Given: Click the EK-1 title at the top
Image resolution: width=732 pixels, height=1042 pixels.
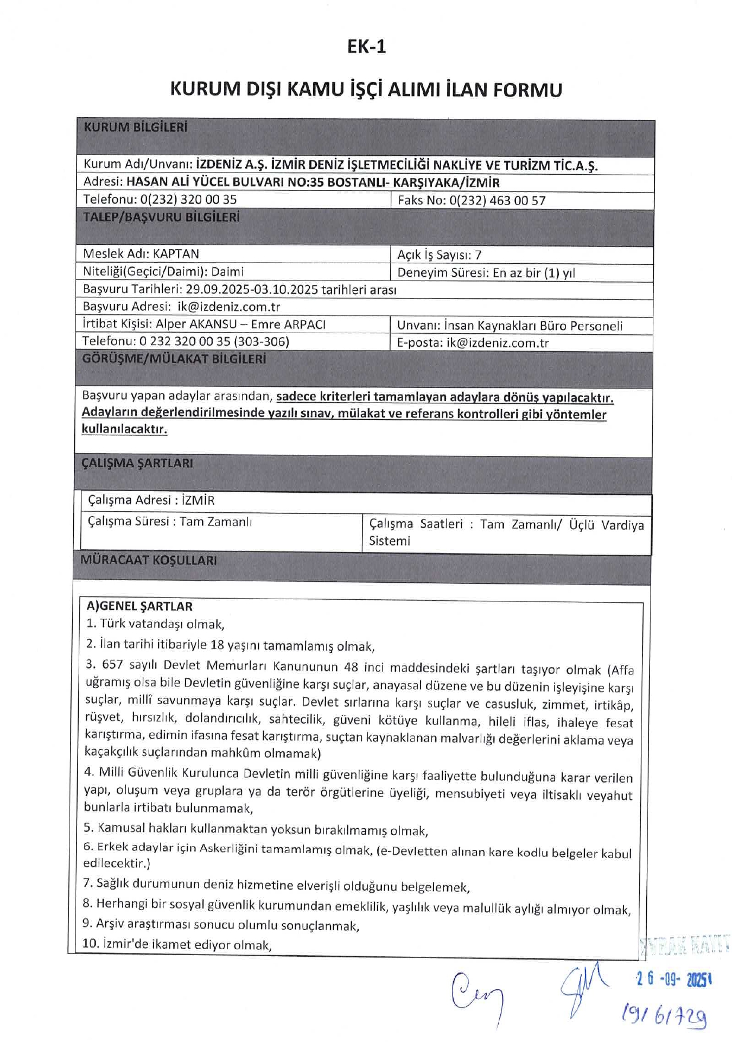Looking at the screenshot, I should click(x=366, y=47).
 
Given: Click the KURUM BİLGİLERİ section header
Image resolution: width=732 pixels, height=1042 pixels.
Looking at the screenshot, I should click(x=135, y=128).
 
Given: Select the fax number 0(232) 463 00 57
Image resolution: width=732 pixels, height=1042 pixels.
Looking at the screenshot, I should click(x=497, y=201).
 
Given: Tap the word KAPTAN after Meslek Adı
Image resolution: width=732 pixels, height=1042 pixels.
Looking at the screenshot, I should click(x=176, y=254).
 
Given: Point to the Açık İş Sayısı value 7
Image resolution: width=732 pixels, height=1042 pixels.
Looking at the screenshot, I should click(x=478, y=255).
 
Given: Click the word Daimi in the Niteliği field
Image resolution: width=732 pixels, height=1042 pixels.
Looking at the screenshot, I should click(x=227, y=271).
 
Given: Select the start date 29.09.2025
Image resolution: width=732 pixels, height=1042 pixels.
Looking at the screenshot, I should click(x=216, y=289).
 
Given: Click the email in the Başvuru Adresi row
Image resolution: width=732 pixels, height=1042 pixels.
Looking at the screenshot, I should click(x=228, y=307).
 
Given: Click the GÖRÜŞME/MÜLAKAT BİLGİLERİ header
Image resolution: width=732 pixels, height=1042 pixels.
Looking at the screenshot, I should click(x=174, y=359).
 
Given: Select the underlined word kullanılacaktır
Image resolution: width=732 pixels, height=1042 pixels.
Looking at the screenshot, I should click(x=124, y=429).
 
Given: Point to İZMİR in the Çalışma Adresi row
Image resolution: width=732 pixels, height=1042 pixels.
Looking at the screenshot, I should click(x=198, y=500).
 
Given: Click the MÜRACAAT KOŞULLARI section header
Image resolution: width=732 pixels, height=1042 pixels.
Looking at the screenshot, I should click(x=149, y=560).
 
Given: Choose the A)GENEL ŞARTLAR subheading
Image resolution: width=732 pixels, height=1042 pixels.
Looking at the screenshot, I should click(x=139, y=606).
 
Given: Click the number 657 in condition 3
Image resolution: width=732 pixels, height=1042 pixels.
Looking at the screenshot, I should click(x=112, y=665).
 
